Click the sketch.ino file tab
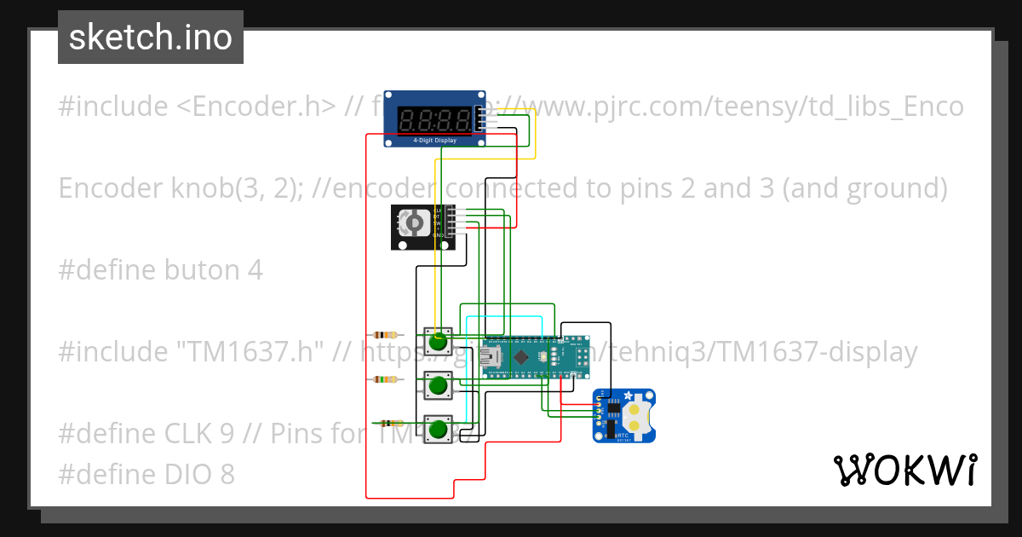coord(151,38)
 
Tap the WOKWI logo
coord(904,471)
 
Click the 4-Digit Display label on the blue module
coord(434,140)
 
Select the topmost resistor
coord(386,335)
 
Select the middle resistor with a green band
coord(386,378)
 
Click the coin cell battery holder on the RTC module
coord(634,415)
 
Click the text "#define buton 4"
coord(160,270)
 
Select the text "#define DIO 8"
coord(146,474)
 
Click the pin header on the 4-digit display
coord(481,119)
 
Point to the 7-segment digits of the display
coord(434,119)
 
